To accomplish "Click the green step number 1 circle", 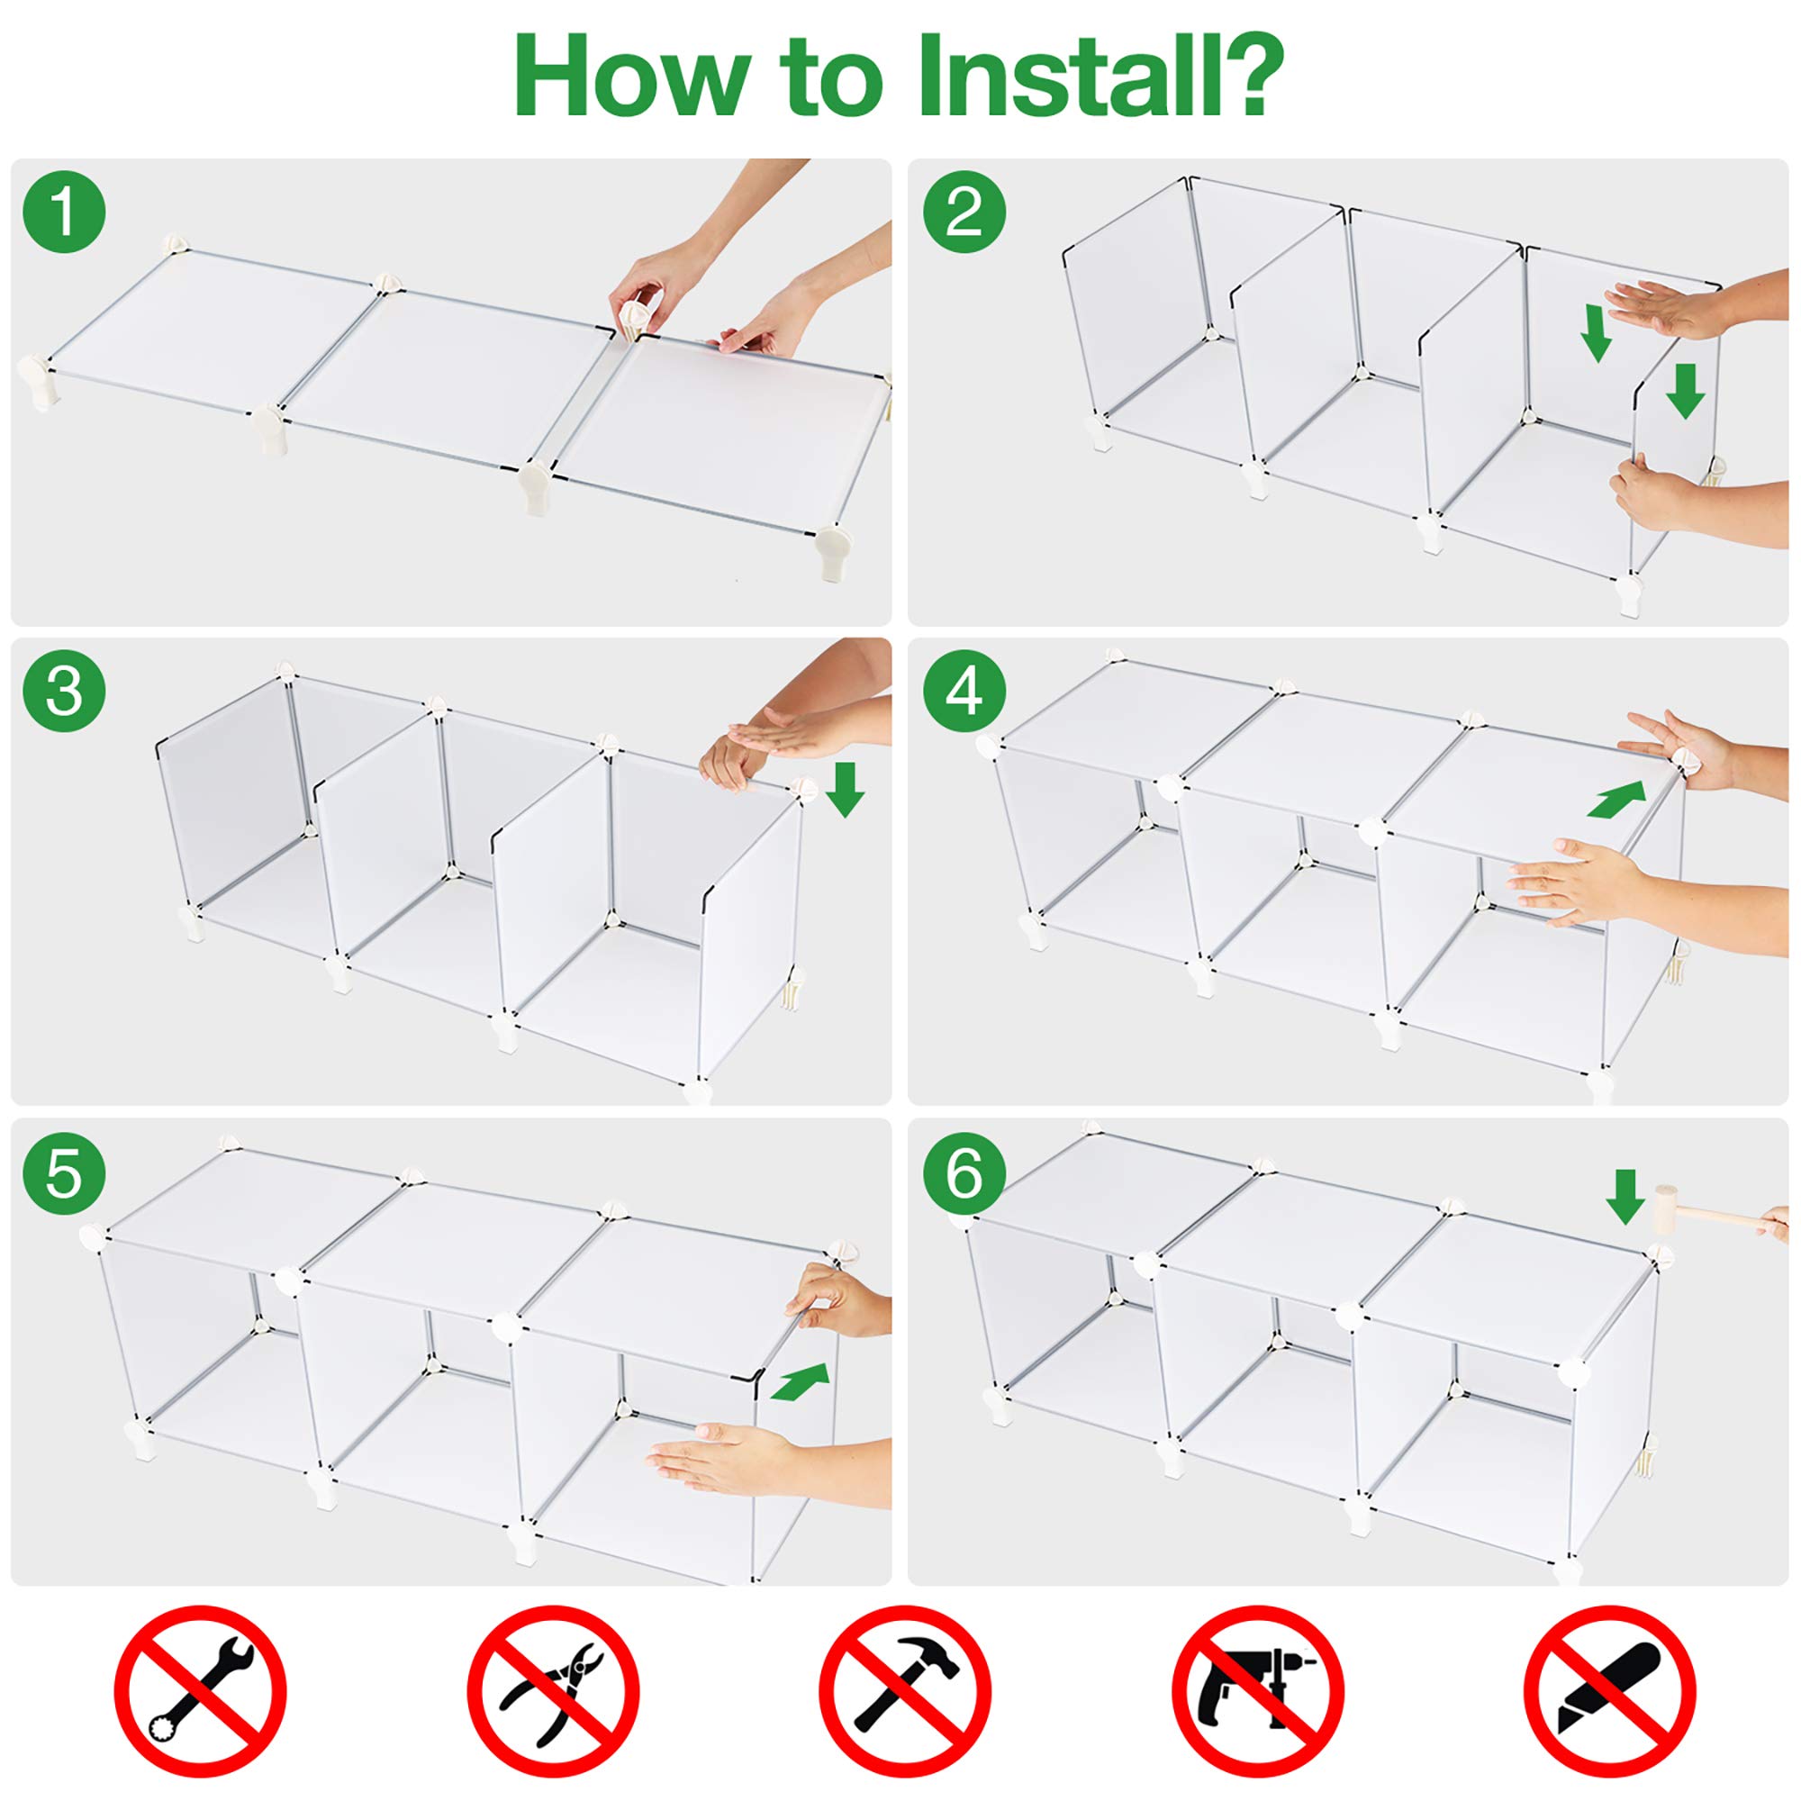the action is pos(64,212).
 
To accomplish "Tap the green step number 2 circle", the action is pos(964,212).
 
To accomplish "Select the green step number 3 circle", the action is pos(64,692).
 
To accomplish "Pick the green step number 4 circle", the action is pos(964,692).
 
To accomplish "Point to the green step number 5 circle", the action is pos(64,1172).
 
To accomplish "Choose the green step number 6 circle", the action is pos(964,1172).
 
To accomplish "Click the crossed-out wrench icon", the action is pos(200,1691).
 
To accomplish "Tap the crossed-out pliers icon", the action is pos(553,1691).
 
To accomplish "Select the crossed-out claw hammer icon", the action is pos(905,1691).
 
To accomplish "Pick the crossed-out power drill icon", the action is pos(1257,1691).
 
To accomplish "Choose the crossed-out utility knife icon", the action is pos(1610,1691).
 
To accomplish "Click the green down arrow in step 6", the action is pos(1625,1196).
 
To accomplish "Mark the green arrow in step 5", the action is pos(801,1381).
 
